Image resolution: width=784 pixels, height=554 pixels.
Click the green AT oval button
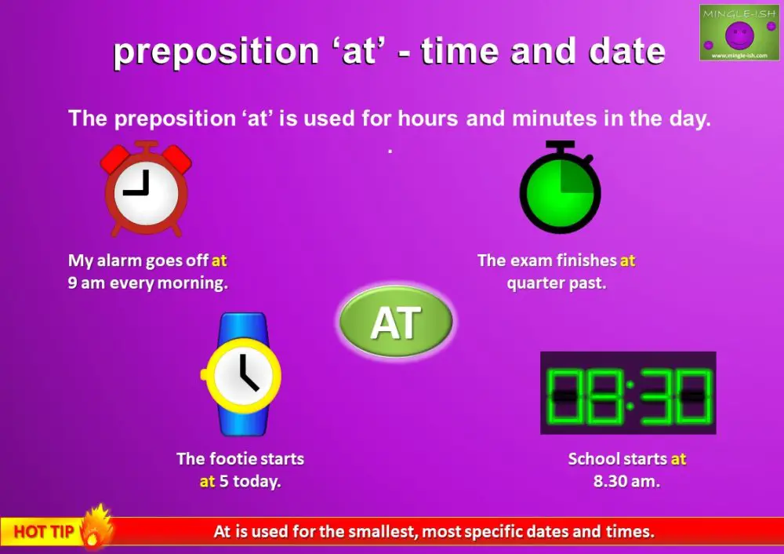(396, 322)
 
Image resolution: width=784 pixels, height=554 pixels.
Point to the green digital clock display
(628, 393)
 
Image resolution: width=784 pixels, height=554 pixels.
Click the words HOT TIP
(44, 532)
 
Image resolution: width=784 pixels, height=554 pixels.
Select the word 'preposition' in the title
(206, 53)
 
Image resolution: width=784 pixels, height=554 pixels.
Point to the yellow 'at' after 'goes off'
(219, 261)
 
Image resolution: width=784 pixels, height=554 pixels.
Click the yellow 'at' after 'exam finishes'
(627, 261)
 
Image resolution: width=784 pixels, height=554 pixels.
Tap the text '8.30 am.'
(626, 481)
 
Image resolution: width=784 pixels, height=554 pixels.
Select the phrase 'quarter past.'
(557, 283)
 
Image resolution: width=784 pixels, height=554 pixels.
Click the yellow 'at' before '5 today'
(207, 481)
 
